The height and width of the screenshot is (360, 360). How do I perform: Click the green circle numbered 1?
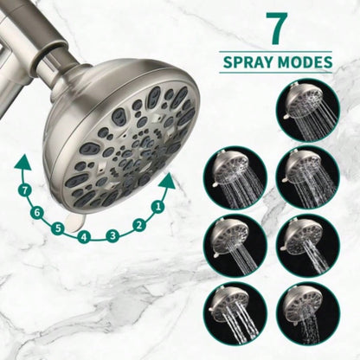(157, 207)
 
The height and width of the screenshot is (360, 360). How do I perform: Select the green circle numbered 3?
(112, 235)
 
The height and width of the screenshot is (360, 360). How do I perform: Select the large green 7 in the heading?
(277, 28)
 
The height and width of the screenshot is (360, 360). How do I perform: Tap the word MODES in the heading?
(305, 63)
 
